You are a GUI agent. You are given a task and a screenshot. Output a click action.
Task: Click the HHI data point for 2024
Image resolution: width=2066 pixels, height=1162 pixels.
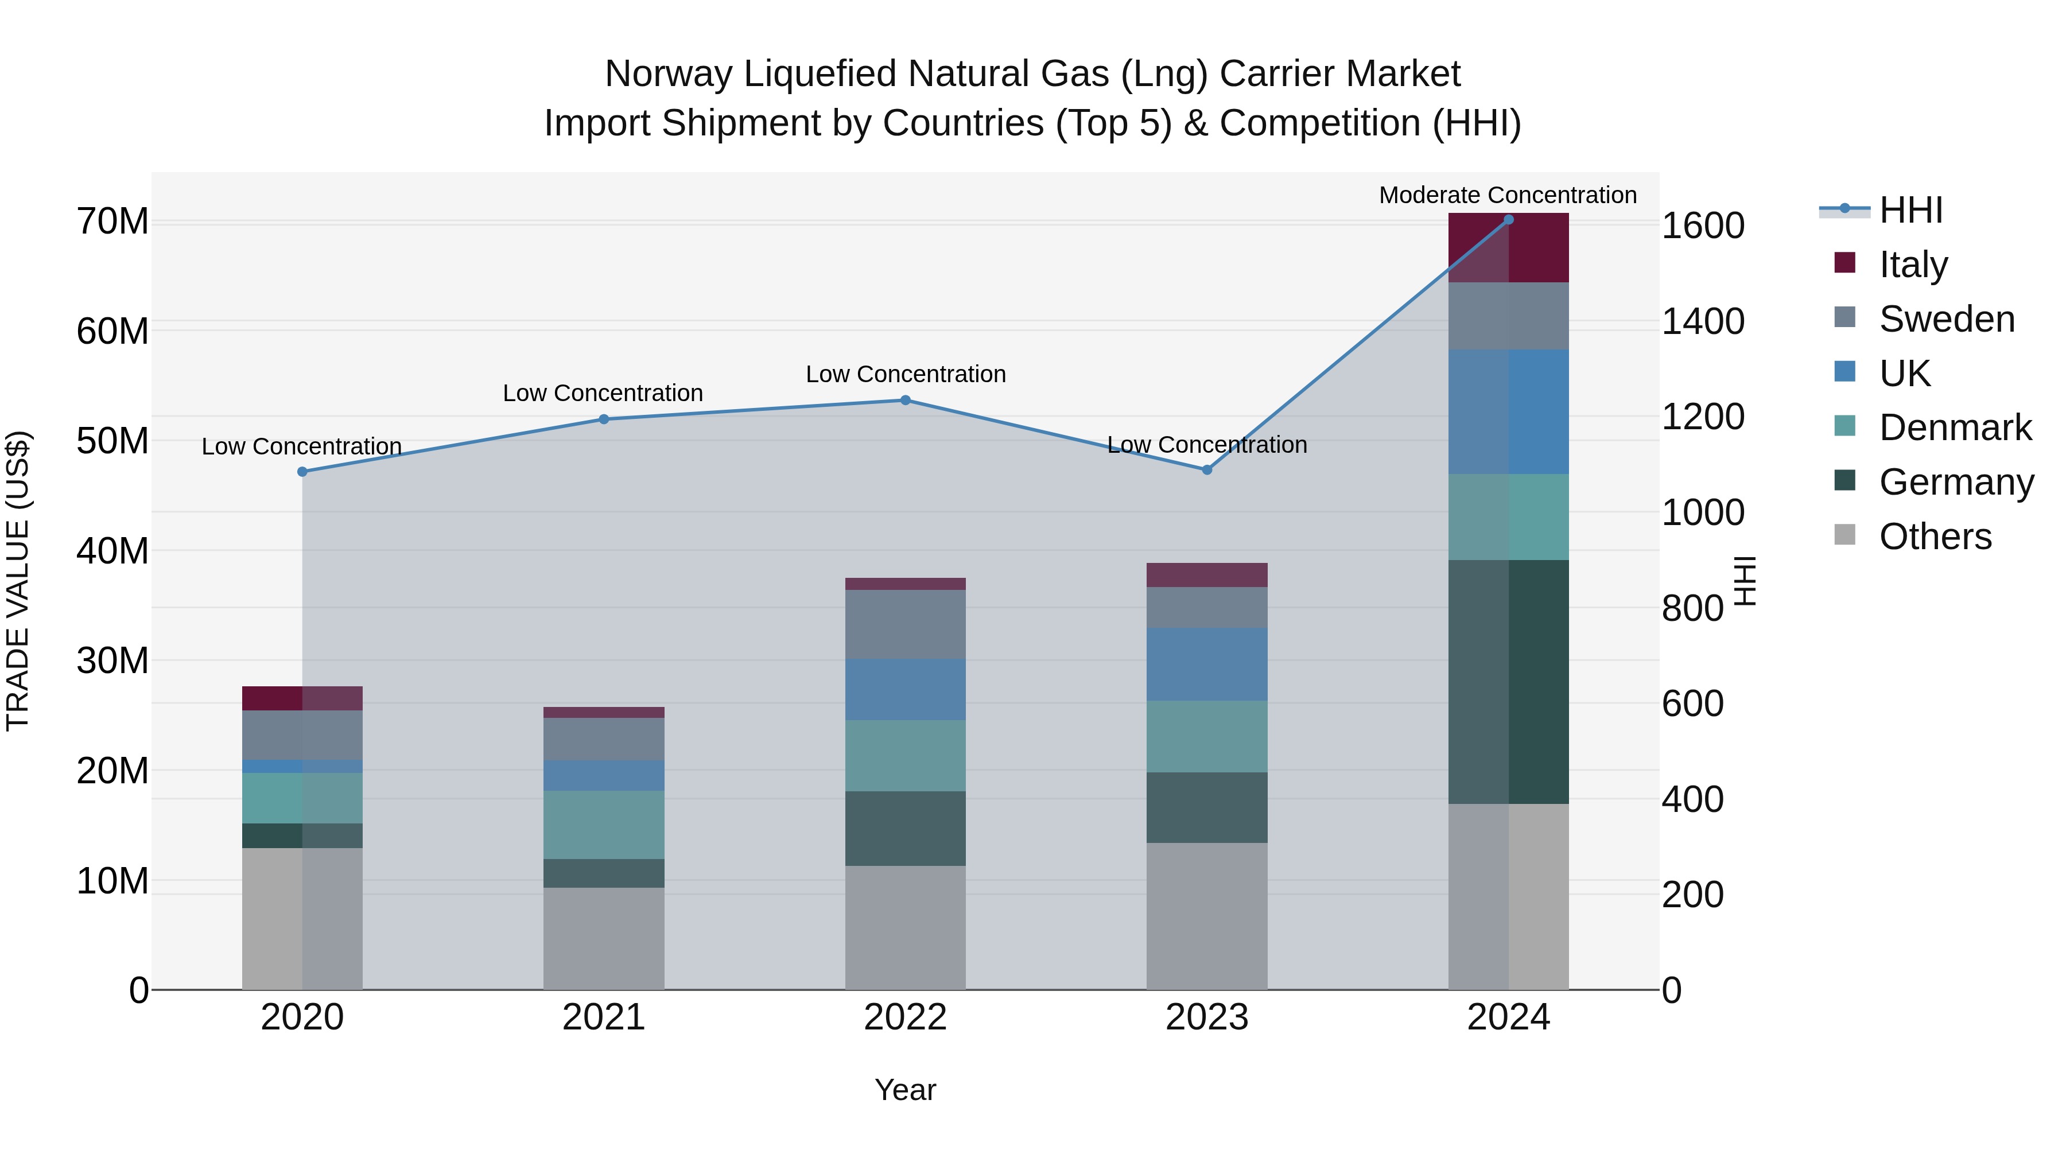tap(1509, 219)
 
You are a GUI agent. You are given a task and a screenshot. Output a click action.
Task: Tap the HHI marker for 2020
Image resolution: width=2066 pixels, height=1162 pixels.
tap(302, 472)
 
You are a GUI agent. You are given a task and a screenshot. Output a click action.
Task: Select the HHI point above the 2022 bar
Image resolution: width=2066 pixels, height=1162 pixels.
tap(906, 399)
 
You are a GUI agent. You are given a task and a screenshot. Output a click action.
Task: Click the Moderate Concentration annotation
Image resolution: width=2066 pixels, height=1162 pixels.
tap(1508, 195)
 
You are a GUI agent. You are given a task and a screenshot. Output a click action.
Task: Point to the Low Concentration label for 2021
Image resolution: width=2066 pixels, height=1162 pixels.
tap(603, 393)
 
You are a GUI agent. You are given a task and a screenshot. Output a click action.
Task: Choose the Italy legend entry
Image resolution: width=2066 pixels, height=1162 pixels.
tap(1913, 264)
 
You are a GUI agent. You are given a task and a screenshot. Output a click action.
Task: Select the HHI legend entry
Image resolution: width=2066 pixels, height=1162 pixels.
tap(1910, 210)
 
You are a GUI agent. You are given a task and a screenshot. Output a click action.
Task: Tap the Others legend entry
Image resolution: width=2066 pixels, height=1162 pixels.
tap(1935, 536)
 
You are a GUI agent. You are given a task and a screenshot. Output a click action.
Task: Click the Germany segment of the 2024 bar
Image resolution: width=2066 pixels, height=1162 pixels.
tap(1509, 682)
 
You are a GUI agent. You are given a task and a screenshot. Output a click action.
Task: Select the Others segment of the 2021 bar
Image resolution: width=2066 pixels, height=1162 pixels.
tap(604, 938)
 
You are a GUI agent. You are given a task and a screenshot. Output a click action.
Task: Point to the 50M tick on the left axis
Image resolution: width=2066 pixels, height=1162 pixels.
tap(112, 441)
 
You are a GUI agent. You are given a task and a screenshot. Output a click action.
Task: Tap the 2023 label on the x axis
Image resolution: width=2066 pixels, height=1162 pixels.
tap(1207, 1017)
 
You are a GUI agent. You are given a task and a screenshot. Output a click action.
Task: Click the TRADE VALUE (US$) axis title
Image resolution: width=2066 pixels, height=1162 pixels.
tap(18, 581)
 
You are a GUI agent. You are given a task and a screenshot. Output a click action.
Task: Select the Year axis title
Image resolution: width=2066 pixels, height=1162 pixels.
tap(906, 1090)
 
